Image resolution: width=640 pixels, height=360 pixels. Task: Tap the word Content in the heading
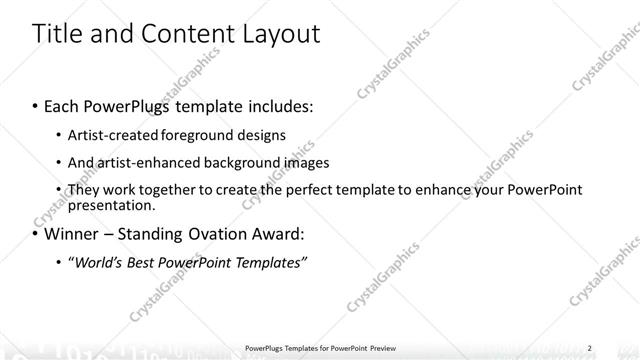click(x=186, y=34)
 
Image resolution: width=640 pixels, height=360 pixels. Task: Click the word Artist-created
click(x=109, y=134)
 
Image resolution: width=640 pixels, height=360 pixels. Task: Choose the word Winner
click(x=69, y=235)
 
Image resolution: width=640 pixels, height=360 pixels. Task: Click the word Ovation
click(x=216, y=235)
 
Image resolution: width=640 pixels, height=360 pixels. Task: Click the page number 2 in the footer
click(x=590, y=348)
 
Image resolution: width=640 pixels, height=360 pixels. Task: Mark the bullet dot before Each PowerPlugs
click(x=36, y=106)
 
